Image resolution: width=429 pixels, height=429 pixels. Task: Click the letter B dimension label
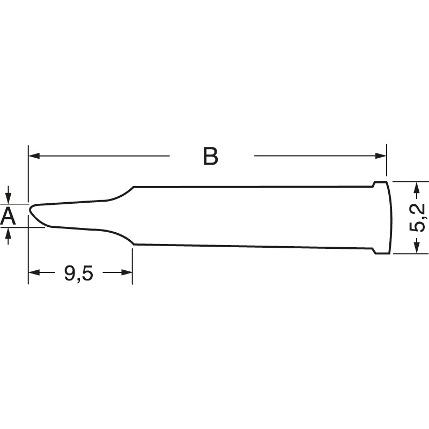pyautogui.click(x=211, y=156)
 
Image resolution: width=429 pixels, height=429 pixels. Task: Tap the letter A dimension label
pyautogui.click(x=8, y=216)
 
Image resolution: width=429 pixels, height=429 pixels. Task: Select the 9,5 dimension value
pyautogui.click(x=78, y=273)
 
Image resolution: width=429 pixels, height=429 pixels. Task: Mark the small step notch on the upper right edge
pyautogui.click(x=373, y=185)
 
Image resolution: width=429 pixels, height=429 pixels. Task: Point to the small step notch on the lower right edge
pyautogui.click(x=373, y=250)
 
